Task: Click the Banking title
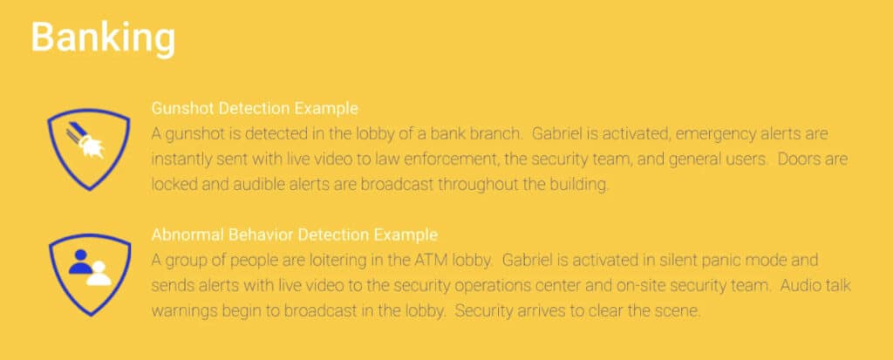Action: (103, 38)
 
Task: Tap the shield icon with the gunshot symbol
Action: (88, 150)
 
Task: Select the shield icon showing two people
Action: (90, 275)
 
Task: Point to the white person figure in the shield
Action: (99, 274)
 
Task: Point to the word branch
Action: (494, 134)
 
